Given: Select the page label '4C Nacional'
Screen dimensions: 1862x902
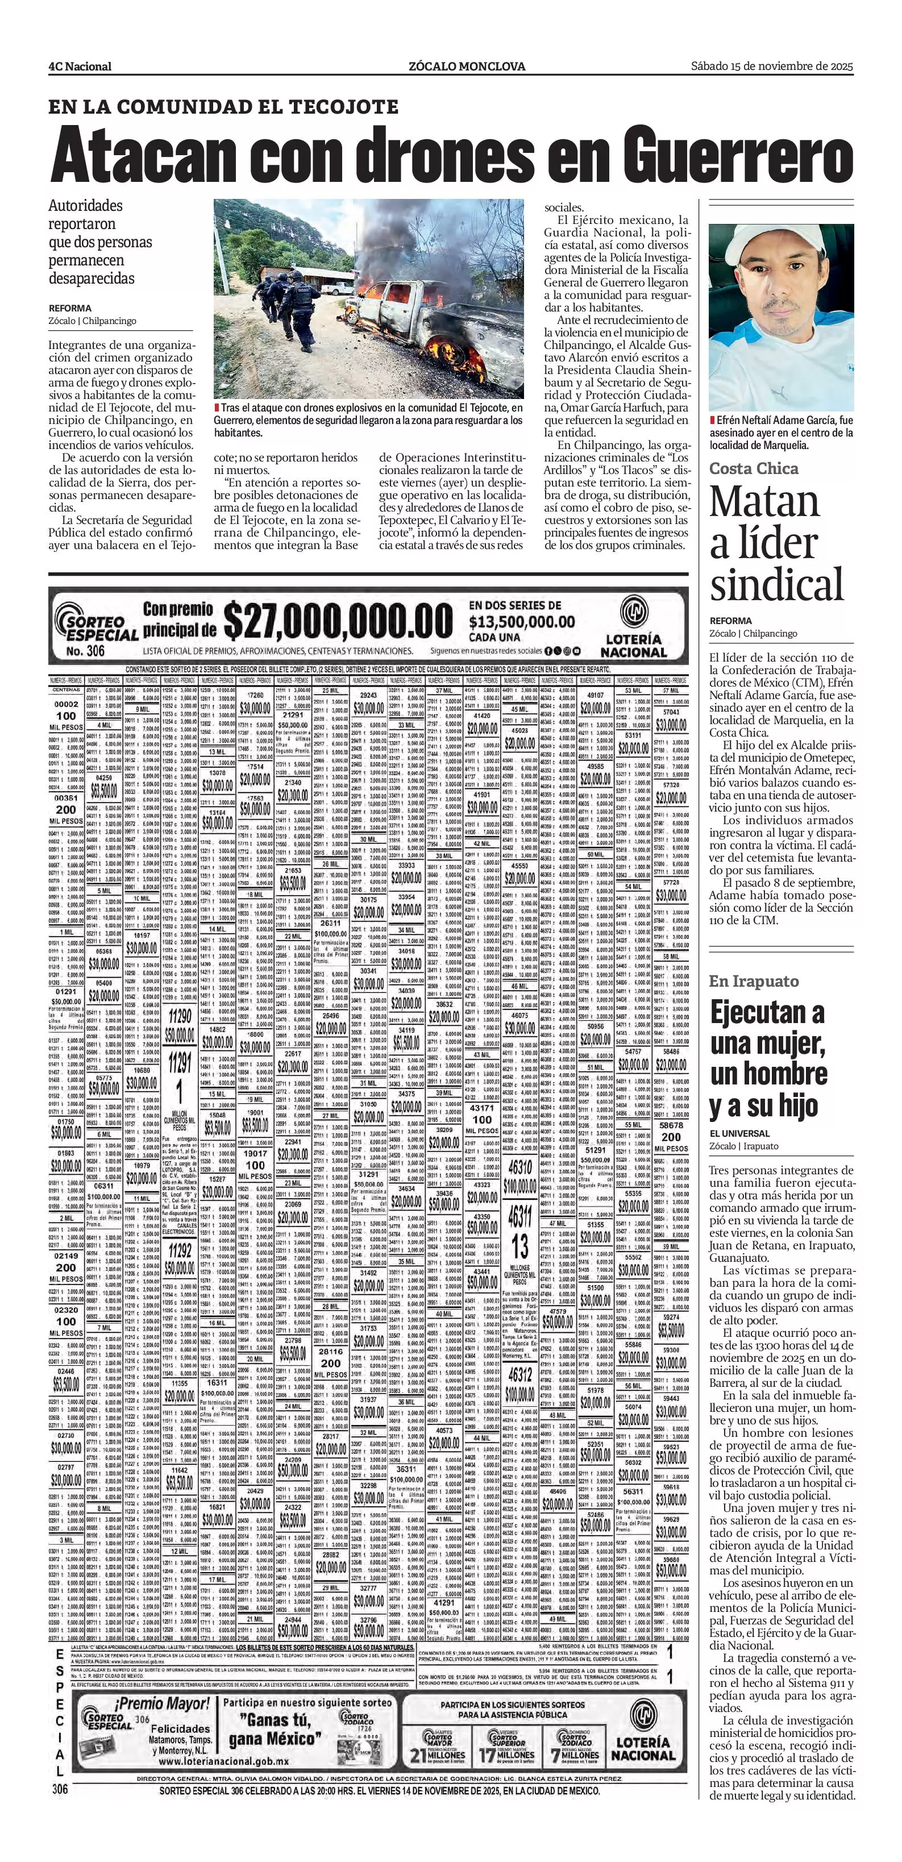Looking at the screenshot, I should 80,66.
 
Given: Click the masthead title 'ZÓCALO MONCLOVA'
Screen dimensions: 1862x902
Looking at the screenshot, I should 466,66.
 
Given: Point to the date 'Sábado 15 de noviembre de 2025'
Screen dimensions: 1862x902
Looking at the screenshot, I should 772,66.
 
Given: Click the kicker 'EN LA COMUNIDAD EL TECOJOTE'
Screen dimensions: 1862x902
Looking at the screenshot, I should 223,107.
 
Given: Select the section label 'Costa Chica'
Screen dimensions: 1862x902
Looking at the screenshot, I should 754,468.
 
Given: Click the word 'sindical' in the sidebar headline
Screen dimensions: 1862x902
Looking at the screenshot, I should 777,584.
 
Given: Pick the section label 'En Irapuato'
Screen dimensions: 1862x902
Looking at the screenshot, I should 754,981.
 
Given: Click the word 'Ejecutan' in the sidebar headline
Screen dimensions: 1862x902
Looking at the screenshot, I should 767,1013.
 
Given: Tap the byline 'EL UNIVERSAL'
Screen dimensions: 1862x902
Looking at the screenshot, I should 739,1133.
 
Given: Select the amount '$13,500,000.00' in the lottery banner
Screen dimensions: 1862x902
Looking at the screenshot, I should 522,622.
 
